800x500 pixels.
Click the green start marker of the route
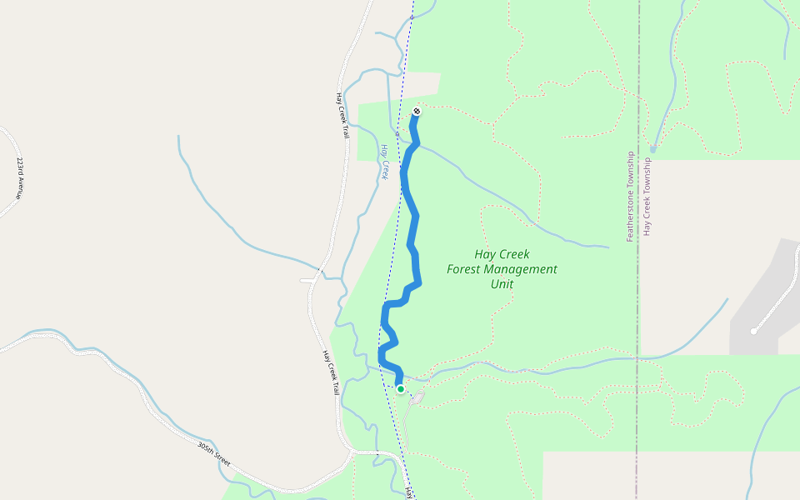(401, 389)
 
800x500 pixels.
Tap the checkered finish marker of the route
(417, 112)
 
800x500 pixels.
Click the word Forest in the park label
(465, 269)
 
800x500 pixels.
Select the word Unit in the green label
(502, 284)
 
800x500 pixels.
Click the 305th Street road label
(213, 457)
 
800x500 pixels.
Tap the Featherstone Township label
(631, 197)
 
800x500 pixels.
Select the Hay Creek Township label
(647, 197)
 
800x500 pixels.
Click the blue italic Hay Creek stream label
(385, 162)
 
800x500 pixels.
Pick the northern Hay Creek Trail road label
(341, 115)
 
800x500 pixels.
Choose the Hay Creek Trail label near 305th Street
(329, 372)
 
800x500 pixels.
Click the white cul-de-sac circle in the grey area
(753, 331)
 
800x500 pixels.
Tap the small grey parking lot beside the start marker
(417, 398)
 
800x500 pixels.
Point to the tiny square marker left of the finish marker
(397, 132)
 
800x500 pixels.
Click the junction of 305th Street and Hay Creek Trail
(352, 452)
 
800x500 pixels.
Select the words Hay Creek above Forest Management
(502, 254)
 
